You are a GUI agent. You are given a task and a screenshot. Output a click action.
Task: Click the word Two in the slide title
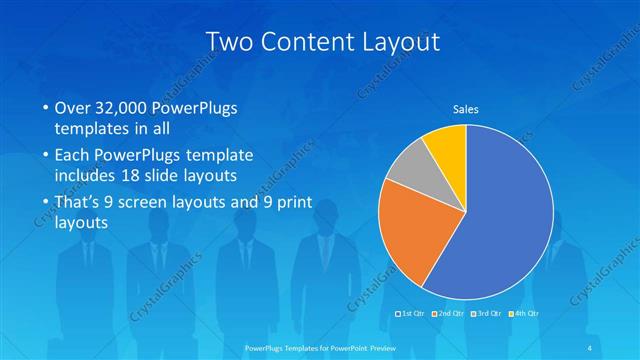click(228, 41)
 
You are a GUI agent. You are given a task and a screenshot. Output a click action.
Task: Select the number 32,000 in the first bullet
click(130, 108)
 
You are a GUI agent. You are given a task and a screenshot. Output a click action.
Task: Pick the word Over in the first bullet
click(73, 108)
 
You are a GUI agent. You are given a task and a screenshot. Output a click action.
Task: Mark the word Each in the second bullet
click(72, 155)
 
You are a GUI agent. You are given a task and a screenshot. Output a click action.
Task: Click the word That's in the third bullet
click(79, 203)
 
